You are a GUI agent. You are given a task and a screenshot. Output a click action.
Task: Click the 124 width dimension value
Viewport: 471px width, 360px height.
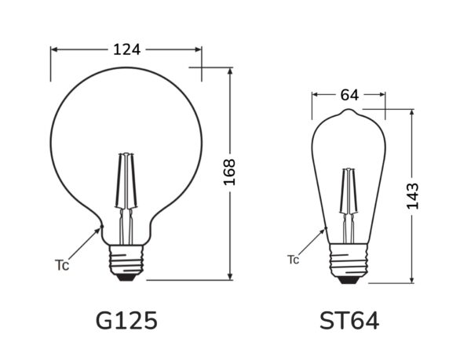click(x=126, y=49)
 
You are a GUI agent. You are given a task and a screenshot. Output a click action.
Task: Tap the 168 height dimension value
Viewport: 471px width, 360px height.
click(x=229, y=173)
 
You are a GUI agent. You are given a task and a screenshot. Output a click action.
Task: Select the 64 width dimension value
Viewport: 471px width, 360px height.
click(x=349, y=95)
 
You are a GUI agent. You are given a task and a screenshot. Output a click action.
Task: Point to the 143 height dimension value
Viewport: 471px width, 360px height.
click(x=412, y=195)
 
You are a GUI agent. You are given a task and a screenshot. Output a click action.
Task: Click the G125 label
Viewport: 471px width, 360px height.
click(x=126, y=321)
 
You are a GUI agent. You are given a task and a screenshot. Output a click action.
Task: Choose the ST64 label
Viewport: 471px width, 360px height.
click(x=349, y=321)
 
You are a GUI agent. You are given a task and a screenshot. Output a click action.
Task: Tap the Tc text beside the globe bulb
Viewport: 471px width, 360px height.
click(x=62, y=265)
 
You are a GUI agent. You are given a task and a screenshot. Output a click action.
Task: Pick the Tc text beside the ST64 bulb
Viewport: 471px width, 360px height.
click(x=293, y=260)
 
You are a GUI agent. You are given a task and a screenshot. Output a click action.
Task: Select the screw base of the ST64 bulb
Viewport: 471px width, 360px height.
click(x=349, y=260)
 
